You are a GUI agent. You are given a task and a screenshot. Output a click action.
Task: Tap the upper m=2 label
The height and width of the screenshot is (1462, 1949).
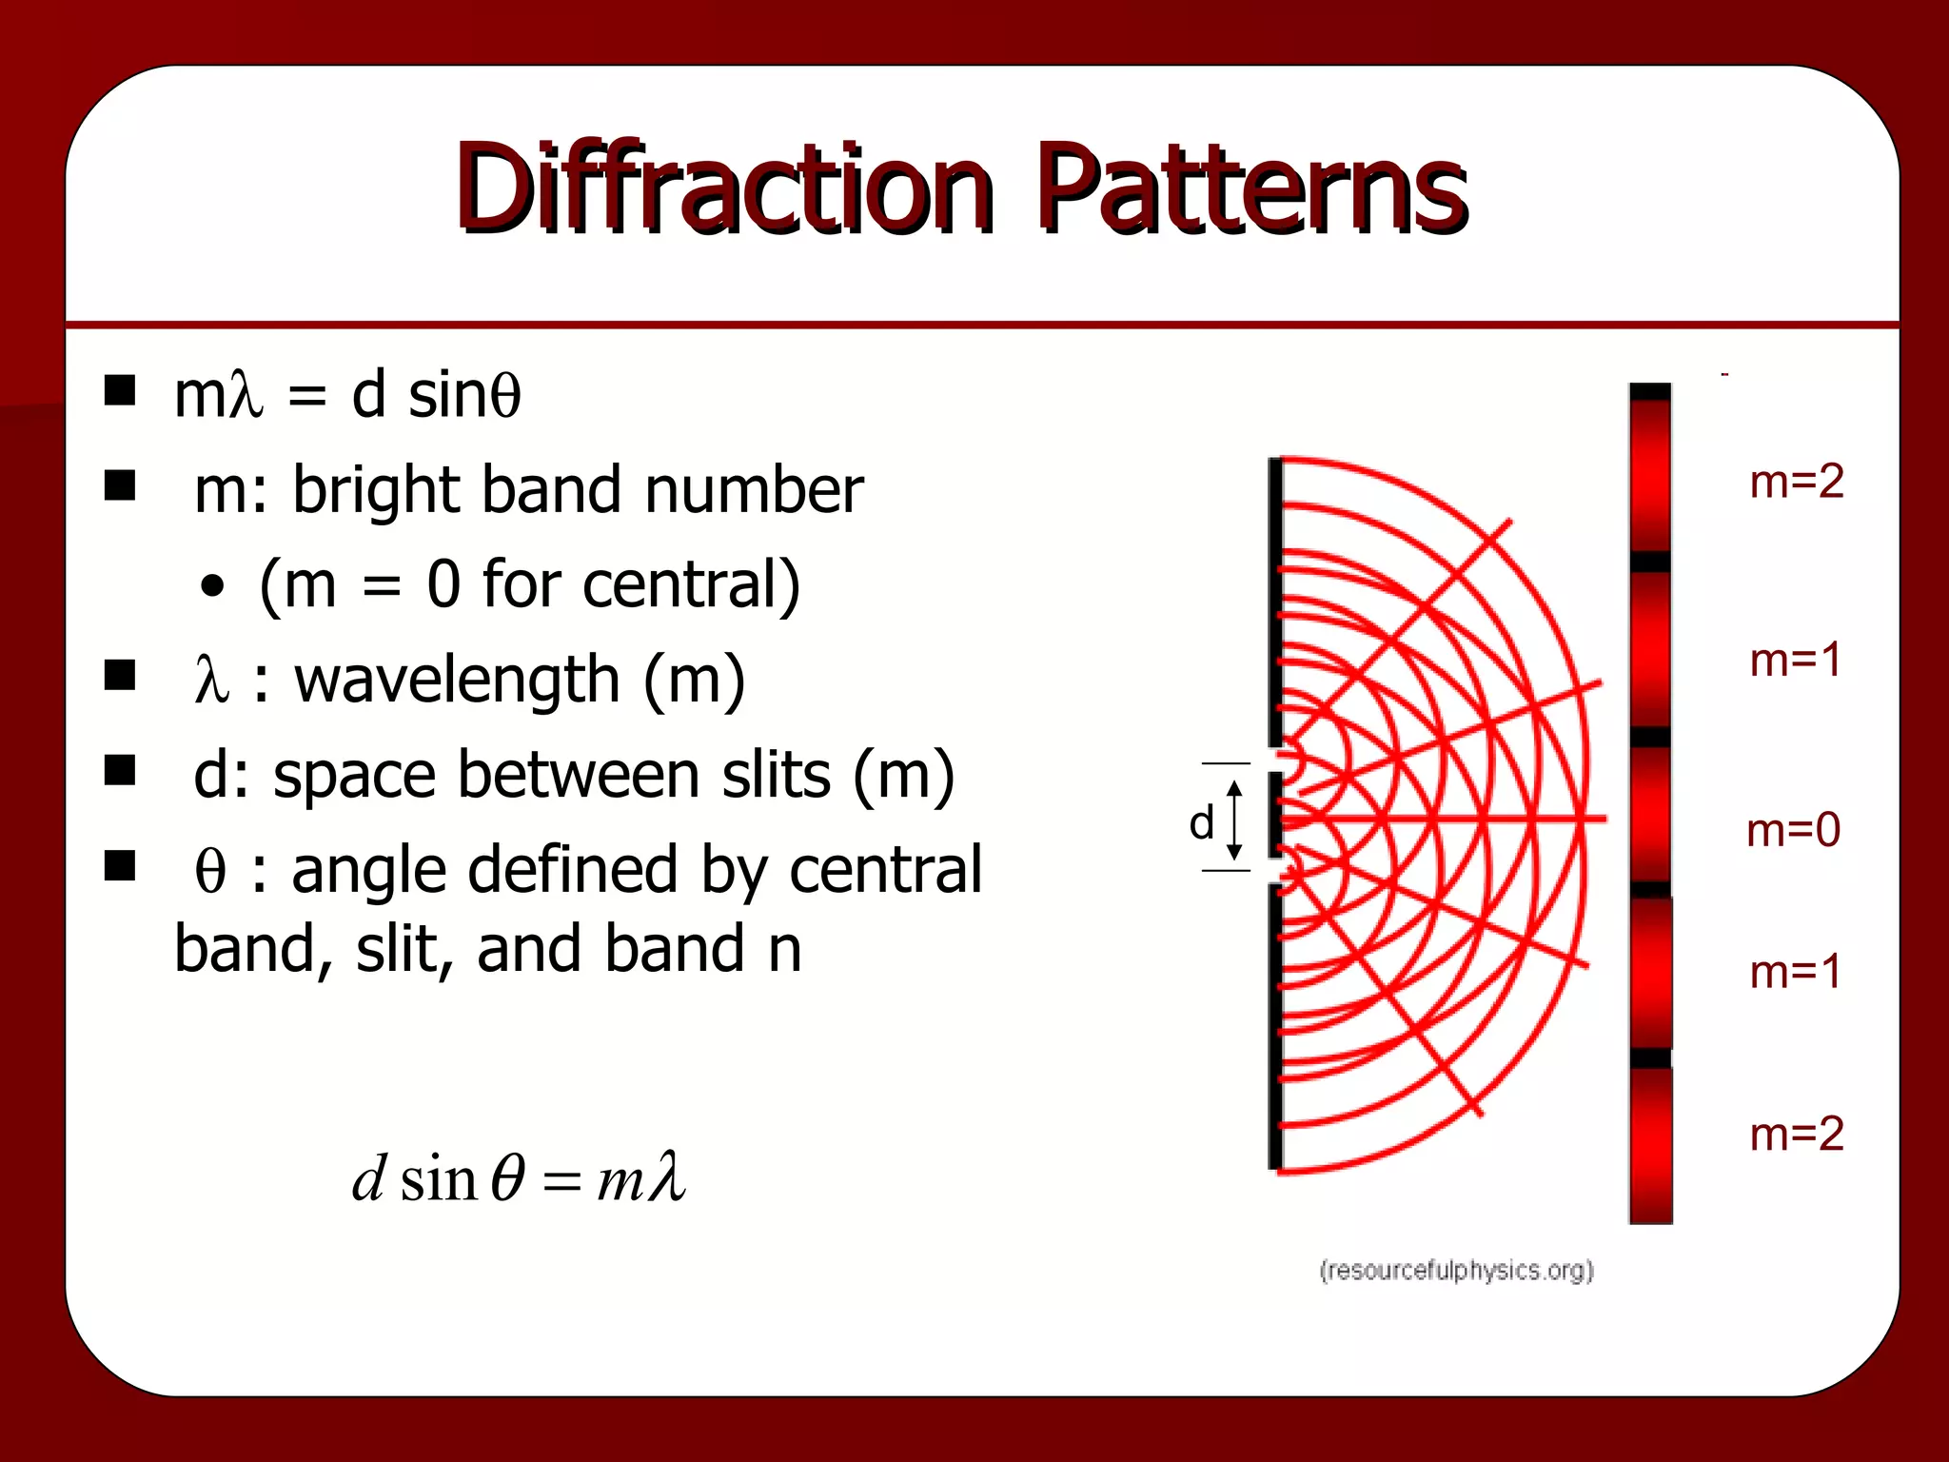click(x=1796, y=482)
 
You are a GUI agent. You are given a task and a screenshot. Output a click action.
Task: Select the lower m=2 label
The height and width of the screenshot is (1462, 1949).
click(x=1796, y=1134)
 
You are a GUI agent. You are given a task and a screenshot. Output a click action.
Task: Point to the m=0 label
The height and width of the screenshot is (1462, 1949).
click(x=1793, y=830)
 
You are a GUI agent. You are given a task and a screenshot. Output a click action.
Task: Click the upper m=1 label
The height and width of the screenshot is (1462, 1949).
click(x=1796, y=660)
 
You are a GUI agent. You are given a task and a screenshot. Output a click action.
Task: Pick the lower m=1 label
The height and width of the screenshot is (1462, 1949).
click(x=1796, y=972)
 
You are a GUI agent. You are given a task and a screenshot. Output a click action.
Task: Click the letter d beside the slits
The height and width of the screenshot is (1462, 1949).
click(x=1201, y=822)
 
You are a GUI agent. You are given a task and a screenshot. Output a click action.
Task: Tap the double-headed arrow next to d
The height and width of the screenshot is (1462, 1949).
click(x=1234, y=820)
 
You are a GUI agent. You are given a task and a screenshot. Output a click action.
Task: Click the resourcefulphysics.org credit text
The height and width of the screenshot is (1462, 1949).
click(x=1456, y=1271)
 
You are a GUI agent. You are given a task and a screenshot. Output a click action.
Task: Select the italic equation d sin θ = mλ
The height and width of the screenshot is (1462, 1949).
click(x=519, y=1178)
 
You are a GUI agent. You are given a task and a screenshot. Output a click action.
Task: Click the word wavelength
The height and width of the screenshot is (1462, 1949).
click(x=457, y=680)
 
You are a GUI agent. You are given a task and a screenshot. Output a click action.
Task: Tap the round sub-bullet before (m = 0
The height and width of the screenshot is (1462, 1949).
click(x=213, y=586)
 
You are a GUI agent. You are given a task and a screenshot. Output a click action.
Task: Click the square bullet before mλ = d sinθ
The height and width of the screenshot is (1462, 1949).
click(x=120, y=390)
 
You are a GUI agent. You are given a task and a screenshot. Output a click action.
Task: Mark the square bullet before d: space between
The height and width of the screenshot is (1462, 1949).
click(x=120, y=770)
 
